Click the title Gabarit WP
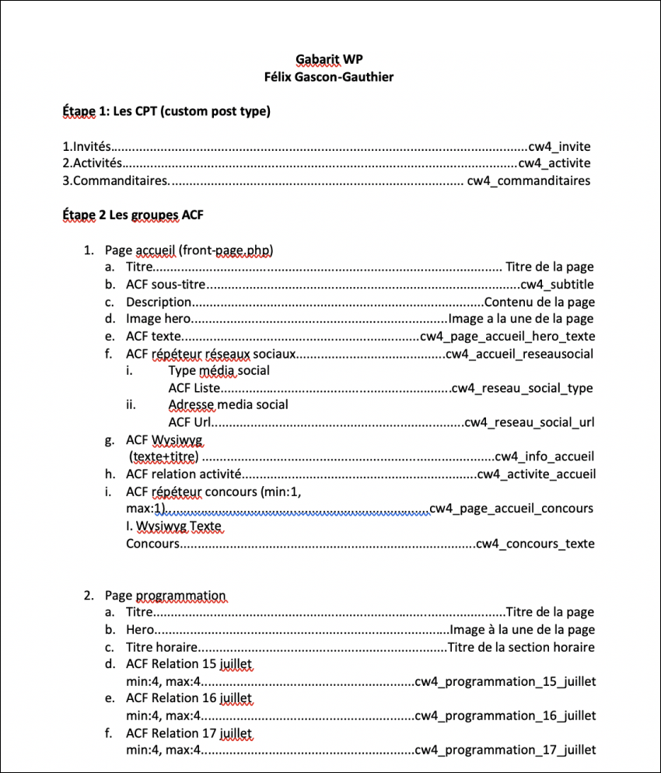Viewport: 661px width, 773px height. tap(330, 59)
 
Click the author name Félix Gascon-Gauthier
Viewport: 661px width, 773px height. tap(330, 76)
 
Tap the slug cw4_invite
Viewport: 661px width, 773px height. tap(559, 146)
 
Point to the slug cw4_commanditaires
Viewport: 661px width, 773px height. tap(528, 180)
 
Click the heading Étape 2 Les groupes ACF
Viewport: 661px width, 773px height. tap(133, 215)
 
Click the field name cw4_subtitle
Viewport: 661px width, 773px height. tap(557, 285)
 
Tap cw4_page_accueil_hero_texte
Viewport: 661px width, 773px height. tap(507, 337)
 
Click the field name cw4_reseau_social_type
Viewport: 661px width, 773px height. tap(523, 388)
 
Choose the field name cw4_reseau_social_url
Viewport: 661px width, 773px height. tap(529, 422)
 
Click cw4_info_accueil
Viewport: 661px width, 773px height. tap(544, 456)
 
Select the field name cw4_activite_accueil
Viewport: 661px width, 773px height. tap(537, 474)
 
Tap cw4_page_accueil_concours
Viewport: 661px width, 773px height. tap(511, 509)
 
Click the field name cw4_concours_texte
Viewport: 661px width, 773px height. tap(535, 544)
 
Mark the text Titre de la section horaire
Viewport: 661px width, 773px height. tap(521, 647)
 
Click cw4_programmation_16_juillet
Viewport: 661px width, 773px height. tap(505, 715)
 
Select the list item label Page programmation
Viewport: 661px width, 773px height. tap(166, 596)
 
